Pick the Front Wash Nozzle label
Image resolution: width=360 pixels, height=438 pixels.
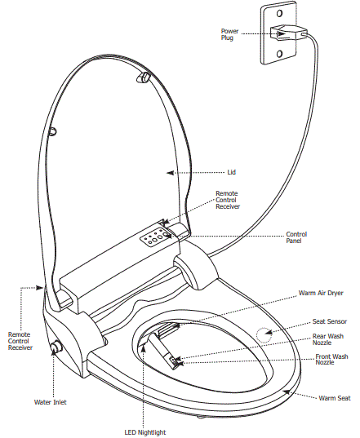click(331, 360)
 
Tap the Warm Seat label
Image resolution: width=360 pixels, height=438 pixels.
click(334, 398)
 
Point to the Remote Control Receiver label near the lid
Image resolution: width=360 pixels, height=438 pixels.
click(227, 201)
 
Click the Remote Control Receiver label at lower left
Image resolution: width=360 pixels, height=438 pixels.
click(20, 341)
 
